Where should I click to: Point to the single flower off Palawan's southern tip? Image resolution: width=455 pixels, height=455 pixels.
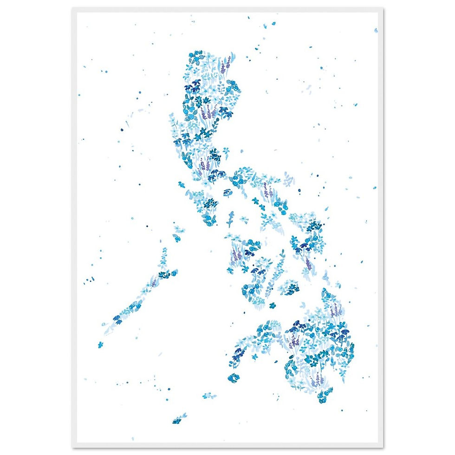click(100, 344)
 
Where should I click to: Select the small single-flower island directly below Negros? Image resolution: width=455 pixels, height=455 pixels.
click(273, 305)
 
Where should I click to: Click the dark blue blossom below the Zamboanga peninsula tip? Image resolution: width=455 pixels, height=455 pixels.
click(233, 378)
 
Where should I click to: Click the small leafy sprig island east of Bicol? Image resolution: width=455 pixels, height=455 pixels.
click(289, 179)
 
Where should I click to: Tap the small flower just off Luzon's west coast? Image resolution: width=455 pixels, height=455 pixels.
click(181, 185)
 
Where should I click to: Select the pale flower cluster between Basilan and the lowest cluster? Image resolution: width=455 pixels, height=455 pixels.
click(209, 396)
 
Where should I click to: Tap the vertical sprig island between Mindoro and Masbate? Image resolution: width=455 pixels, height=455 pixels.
click(231, 218)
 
